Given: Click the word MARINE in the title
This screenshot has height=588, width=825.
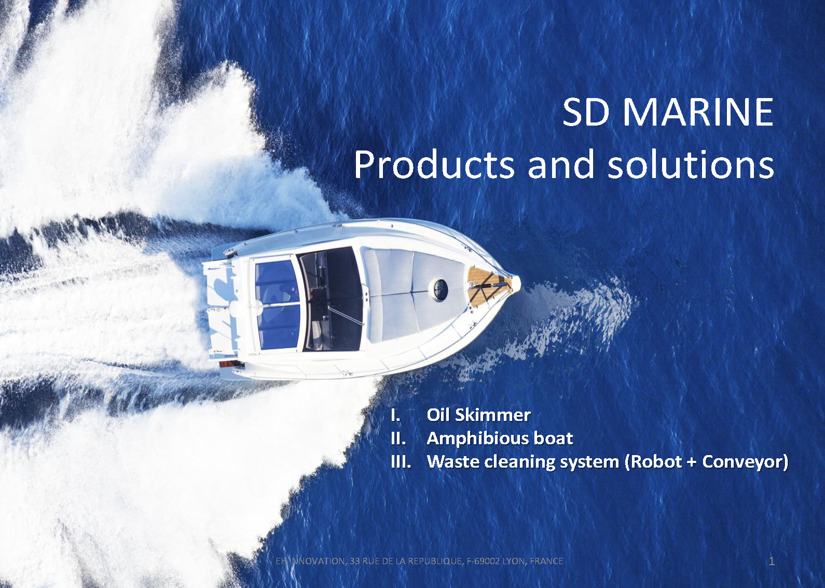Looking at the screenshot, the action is tap(698, 112).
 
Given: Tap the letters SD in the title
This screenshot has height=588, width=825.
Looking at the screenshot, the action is tap(586, 112).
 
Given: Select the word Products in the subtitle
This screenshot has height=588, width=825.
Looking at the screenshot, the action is tap(434, 165).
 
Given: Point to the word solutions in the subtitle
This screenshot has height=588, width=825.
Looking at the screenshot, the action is tap(691, 165).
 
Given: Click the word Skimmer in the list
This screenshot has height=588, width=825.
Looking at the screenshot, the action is tap(493, 415).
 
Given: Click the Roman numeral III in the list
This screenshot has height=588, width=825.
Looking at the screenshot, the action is tap(401, 462).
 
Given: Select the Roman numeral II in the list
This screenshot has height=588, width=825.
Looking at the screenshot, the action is tap(398, 439).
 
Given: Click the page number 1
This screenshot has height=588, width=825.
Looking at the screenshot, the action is tap(772, 561).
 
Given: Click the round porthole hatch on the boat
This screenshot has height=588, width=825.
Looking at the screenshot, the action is tap(440, 290).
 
